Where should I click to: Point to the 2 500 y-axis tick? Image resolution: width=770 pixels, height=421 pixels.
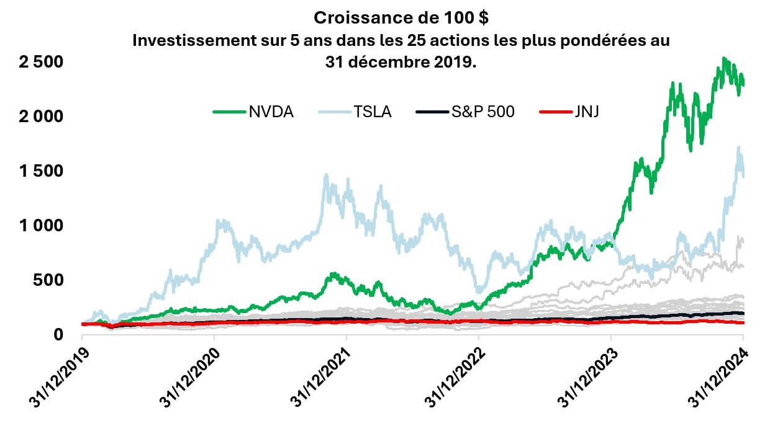[x=38, y=62]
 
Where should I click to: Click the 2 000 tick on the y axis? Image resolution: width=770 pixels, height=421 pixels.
[x=38, y=117]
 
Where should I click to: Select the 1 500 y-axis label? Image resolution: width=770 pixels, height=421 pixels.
[x=38, y=171]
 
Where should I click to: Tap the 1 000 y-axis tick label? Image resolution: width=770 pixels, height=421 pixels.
[x=38, y=225]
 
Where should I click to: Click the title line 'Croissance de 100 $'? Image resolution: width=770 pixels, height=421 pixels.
[x=401, y=17]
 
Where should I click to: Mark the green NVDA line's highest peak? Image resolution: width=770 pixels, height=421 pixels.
[x=724, y=58]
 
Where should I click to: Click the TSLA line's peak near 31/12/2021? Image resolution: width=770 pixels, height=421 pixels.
[x=327, y=175]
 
